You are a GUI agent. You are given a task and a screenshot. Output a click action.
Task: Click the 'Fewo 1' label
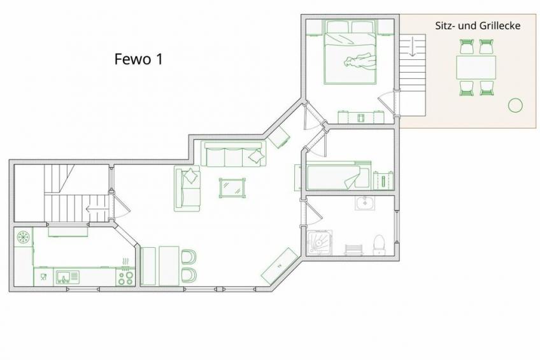[x=138, y=59]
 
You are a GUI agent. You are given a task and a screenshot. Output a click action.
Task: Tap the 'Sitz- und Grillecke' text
[x=478, y=26]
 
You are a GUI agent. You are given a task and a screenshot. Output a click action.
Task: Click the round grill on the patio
[x=515, y=105]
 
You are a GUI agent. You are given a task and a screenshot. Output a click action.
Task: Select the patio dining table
[x=476, y=68]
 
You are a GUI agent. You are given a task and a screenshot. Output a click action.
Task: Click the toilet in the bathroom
[x=379, y=245]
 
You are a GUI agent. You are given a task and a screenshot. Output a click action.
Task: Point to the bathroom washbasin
[x=365, y=203]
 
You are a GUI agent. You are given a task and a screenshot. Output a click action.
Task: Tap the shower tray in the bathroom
[x=320, y=243]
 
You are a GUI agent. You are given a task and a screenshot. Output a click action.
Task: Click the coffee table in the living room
[x=233, y=188]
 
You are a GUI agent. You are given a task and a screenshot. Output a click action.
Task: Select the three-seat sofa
[x=234, y=154]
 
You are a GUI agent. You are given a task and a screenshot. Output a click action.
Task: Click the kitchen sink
[x=66, y=277]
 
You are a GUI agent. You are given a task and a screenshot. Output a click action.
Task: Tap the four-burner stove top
[x=125, y=278]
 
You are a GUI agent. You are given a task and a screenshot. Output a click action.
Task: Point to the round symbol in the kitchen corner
[x=24, y=237]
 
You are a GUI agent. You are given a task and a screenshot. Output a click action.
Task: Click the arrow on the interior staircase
[x=92, y=209]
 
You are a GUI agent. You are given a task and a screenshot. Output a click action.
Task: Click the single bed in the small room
[x=339, y=176]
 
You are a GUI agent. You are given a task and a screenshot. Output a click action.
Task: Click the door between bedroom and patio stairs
[x=387, y=103]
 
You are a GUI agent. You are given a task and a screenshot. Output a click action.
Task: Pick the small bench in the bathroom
[x=354, y=250]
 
